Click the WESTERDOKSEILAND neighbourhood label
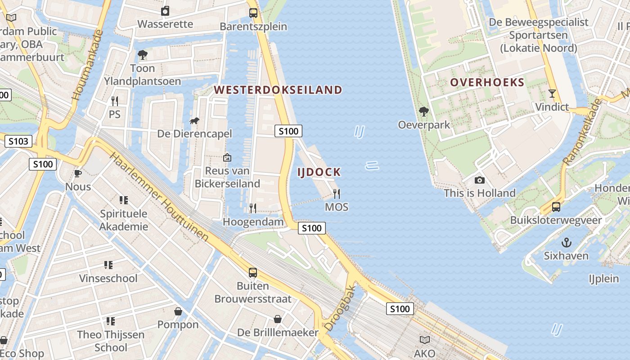pyautogui.click(x=278, y=90)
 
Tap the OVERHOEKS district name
pyautogui.click(x=487, y=82)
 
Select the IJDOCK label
pyautogui.click(x=319, y=172)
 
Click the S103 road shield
pyautogui.click(x=18, y=141)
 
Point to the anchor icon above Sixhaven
pyautogui.click(x=566, y=243)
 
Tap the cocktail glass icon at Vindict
pyautogui.click(x=552, y=94)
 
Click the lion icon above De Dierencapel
pyautogui.click(x=194, y=121)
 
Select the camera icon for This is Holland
pyautogui.click(x=480, y=180)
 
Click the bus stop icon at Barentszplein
pyautogui.click(x=253, y=13)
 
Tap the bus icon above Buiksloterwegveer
pyautogui.click(x=556, y=207)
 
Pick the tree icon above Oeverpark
pyautogui.click(x=423, y=111)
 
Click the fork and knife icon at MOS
pyautogui.click(x=337, y=194)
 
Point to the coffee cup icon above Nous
pyautogui.click(x=78, y=173)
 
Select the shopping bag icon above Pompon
pyautogui.click(x=178, y=311)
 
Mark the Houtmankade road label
pyautogui.click(x=87, y=65)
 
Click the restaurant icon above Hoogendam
pyautogui.click(x=253, y=208)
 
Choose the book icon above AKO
pyautogui.click(x=424, y=340)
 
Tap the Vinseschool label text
pyautogui.click(x=108, y=278)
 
